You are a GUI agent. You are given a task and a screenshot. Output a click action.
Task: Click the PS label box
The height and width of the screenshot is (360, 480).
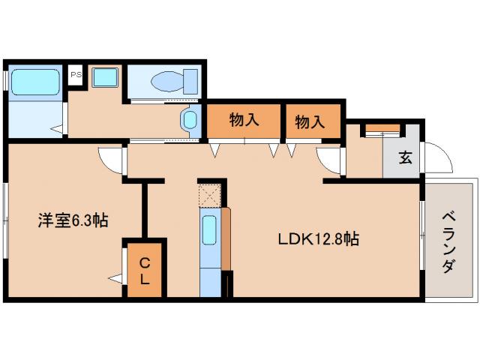pos(75,75)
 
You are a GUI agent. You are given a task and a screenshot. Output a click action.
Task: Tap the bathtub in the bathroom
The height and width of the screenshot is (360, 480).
pos(36,81)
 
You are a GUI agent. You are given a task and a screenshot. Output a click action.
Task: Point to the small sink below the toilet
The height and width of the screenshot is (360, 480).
pos(189,119)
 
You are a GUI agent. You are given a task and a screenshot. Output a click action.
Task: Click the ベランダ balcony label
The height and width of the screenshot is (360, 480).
pos(448,240)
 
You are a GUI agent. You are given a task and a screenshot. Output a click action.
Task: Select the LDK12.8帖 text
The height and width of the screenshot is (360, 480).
pos(318,240)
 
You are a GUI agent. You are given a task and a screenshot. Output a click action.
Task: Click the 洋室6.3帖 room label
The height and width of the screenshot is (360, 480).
pos(73,220)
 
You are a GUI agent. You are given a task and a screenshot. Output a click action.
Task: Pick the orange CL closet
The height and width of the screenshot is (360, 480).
pos(145,270)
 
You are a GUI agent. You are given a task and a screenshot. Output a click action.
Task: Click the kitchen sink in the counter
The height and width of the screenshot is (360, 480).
pos(211,228)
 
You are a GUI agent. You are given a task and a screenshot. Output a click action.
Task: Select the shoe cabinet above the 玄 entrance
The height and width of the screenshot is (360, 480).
pos(382,129)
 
